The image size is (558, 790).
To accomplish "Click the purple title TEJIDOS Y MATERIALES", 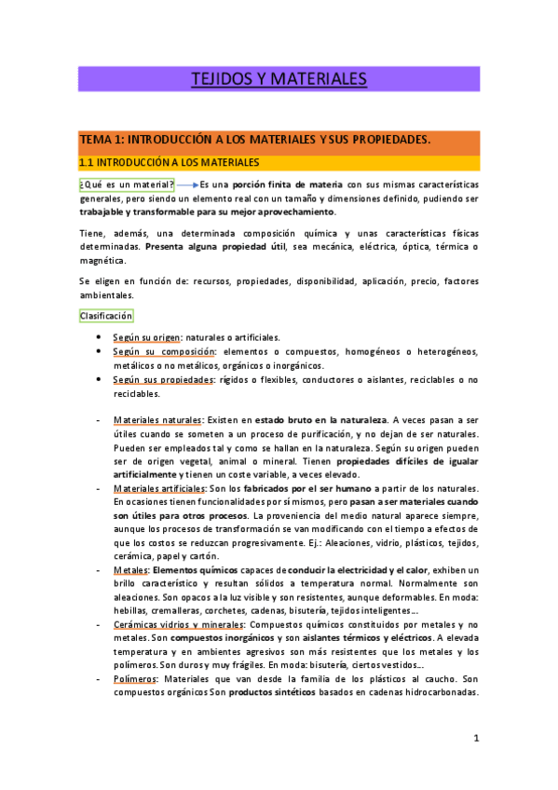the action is [279, 78].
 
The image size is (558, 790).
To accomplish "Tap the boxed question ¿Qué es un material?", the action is [127, 185].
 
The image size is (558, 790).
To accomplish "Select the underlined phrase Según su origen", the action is [146, 336].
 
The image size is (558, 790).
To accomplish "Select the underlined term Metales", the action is [130, 569].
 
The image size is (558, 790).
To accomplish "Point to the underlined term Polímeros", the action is [135, 678].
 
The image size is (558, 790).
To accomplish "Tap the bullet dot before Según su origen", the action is [98, 336].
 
